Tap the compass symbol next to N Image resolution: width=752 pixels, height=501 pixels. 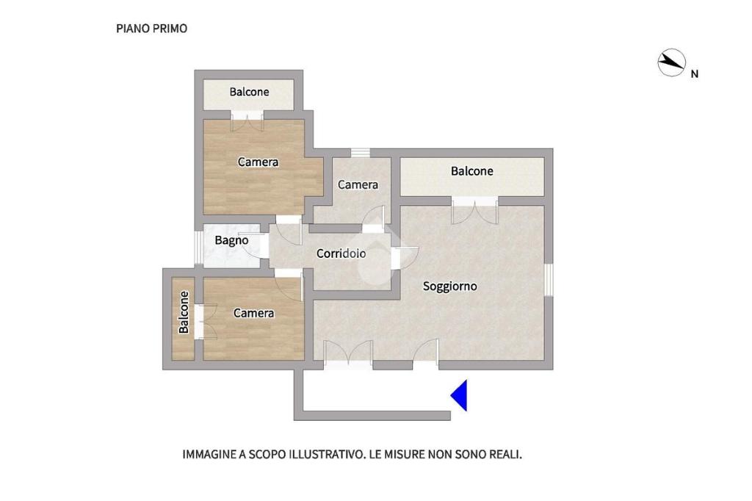tap(671, 62)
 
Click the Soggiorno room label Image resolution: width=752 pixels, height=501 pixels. tap(450, 286)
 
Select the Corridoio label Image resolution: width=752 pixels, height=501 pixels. tap(341, 253)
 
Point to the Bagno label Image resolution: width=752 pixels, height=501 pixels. tap(231, 240)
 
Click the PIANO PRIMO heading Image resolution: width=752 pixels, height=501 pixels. tap(151, 29)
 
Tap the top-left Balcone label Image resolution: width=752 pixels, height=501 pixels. tap(249, 92)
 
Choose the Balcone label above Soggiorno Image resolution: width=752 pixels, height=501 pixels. tap(472, 171)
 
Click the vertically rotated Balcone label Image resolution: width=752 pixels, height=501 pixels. tap(184, 312)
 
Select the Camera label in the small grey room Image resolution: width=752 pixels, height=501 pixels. tap(358, 185)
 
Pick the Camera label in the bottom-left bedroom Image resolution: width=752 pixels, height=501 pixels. tap(253, 313)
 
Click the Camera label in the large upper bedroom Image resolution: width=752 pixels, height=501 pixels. tap(258, 162)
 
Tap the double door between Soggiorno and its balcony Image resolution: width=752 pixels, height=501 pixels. tap(475, 210)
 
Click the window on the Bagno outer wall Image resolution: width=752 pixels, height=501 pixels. tap(198, 248)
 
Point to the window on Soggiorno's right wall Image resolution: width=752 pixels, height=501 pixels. tap(549, 280)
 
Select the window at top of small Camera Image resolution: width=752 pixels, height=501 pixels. tap(360, 153)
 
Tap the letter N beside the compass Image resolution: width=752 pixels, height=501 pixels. tap(694, 74)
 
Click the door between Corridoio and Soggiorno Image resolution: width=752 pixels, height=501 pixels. tap(405, 258)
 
